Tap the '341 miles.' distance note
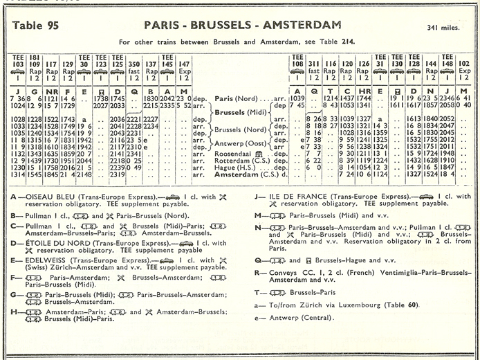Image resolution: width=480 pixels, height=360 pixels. pyautogui.click(x=447, y=28)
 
